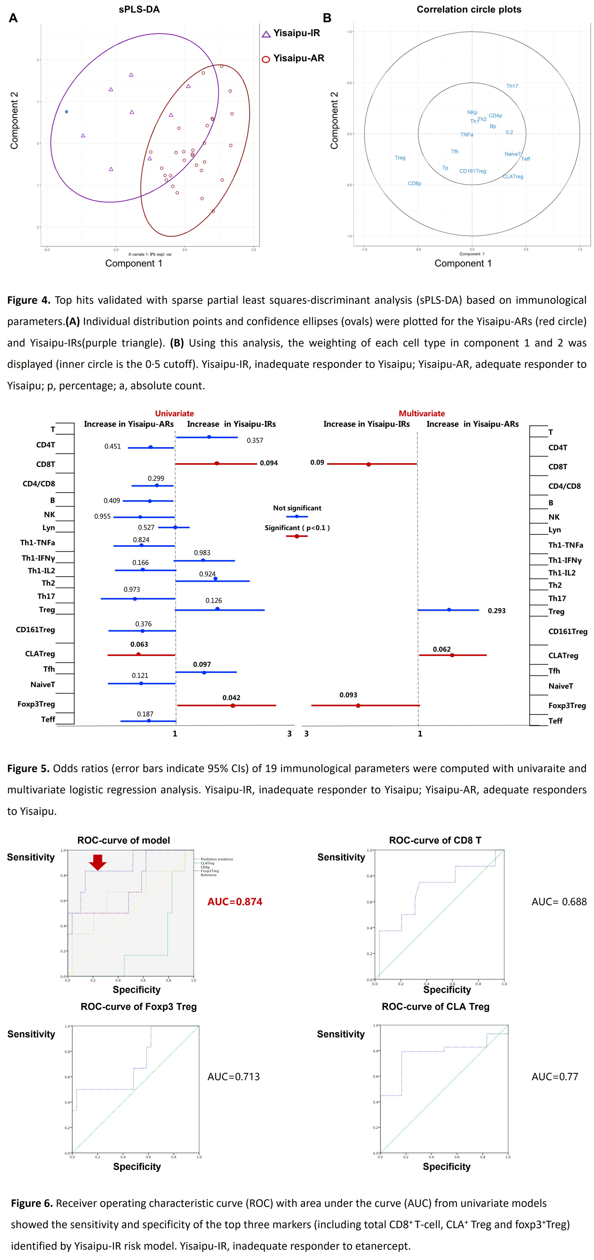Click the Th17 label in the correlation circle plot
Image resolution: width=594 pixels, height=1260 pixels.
(512, 86)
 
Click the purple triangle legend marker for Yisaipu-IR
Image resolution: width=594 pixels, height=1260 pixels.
(266, 34)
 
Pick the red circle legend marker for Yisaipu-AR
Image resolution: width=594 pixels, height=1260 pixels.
(266, 59)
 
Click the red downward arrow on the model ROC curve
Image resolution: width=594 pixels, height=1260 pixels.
(98, 862)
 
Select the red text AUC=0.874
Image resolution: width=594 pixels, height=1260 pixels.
(235, 902)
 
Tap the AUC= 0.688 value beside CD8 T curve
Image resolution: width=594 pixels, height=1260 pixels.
(559, 902)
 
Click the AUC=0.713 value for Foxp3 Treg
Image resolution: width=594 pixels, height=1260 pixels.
(234, 1077)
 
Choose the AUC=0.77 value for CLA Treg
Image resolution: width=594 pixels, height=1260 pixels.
(555, 1077)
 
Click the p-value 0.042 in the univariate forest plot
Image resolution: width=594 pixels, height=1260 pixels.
(231, 698)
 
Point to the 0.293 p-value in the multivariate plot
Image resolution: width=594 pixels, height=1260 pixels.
(497, 611)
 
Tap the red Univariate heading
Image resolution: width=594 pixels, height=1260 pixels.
(175, 413)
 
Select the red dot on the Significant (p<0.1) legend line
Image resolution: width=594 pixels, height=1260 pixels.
(297, 536)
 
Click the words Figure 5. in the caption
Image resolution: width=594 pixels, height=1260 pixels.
(28, 768)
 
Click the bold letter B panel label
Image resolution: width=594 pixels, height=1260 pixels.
(327, 18)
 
